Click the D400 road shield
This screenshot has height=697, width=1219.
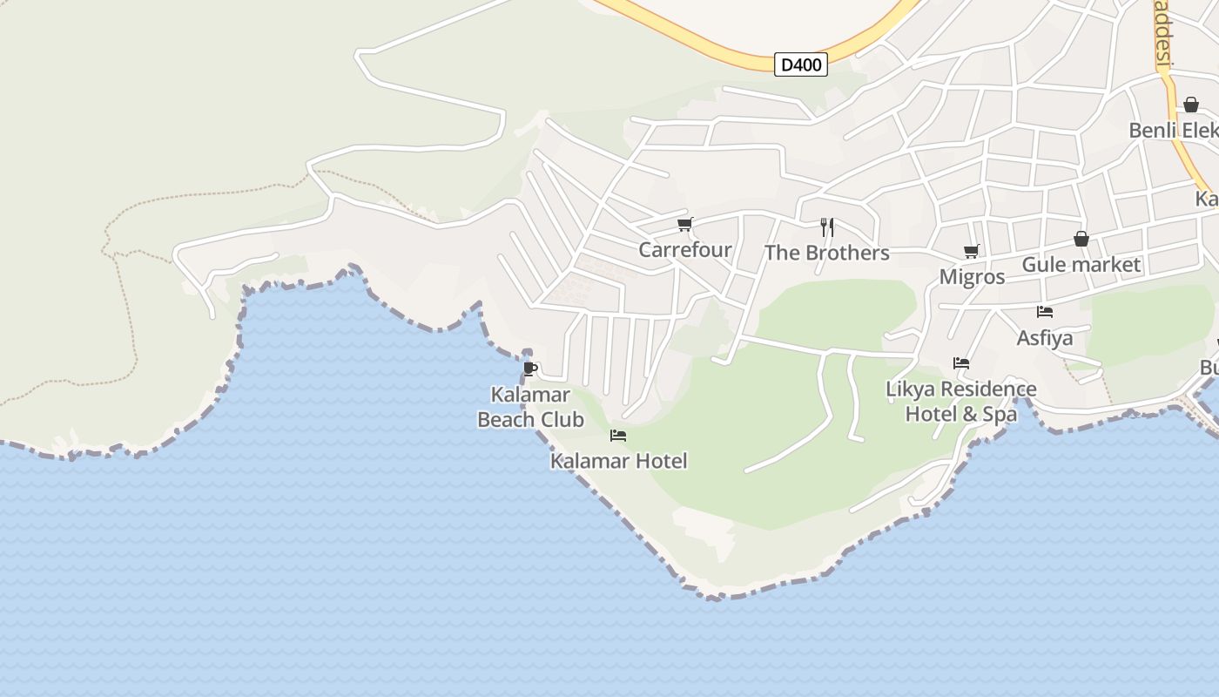coord(800,64)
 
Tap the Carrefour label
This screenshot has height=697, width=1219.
coord(684,250)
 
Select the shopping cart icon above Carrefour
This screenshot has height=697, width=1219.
coord(684,225)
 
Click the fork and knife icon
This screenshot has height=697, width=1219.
coord(827,227)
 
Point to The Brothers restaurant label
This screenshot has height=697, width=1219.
coord(826,253)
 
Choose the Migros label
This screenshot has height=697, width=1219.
coord(972,277)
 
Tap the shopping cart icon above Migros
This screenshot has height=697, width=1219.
coord(972,252)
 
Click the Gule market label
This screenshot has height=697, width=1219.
coord(1081,264)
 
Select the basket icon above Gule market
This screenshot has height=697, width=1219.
coord(1081,239)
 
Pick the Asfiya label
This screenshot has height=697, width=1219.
coord(1045,337)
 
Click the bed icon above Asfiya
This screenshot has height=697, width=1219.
coord(1045,312)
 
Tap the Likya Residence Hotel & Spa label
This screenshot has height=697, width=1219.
coord(961,401)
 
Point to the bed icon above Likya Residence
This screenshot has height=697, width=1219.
coord(961,363)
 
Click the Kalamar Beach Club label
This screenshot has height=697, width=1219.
coord(530,407)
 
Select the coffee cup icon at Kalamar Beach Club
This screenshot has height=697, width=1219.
coord(530,369)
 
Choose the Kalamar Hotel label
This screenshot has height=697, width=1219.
coord(618,461)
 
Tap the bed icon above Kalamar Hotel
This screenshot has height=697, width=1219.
coord(618,436)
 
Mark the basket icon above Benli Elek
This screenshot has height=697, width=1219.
coord(1191,105)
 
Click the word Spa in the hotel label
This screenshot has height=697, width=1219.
coord(1000,414)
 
